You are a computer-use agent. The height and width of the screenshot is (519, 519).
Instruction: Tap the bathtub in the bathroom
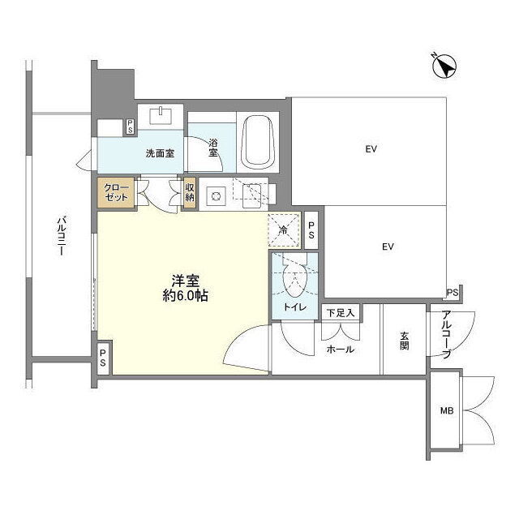(259, 142)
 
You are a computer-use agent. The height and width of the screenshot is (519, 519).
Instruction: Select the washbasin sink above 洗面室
(161, 115)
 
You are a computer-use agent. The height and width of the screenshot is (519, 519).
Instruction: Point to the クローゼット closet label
(116, 193)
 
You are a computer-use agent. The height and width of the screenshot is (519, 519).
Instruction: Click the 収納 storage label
(190, 193)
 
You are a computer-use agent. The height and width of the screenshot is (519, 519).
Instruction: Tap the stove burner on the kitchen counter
(217, 196)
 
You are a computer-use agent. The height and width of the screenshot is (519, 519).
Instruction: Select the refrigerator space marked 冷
(284, 230)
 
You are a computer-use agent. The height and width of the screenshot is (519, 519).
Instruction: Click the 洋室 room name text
(186, 281)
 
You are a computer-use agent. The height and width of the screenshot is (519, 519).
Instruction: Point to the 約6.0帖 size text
(186, 295)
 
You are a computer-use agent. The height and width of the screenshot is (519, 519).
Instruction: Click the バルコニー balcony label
(62, 236)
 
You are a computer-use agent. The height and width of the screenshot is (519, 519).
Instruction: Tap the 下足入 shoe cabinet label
(341, 313)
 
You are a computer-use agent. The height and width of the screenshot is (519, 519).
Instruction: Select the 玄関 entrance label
(404, 341)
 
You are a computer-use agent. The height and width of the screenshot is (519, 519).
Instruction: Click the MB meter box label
(447, 411)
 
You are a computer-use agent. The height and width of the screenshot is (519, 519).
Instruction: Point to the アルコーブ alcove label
(447, 335)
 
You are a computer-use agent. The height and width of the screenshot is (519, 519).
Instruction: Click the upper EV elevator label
(371, 149)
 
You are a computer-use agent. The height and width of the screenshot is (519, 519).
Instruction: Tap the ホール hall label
(341, 350)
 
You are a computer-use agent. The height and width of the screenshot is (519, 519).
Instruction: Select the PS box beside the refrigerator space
(311, 230)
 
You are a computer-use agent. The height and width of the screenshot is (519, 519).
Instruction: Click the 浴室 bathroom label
(213, 148)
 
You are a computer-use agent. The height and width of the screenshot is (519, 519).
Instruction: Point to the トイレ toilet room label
(295, 307)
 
